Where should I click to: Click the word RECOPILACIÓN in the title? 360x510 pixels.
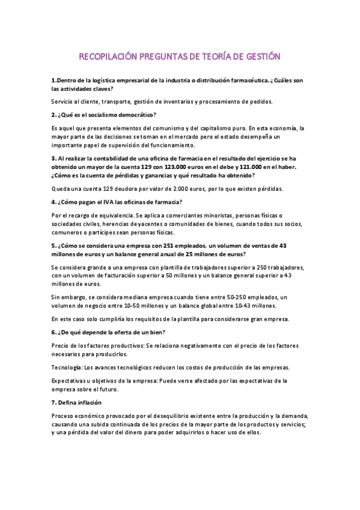[x=108, y=58]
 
